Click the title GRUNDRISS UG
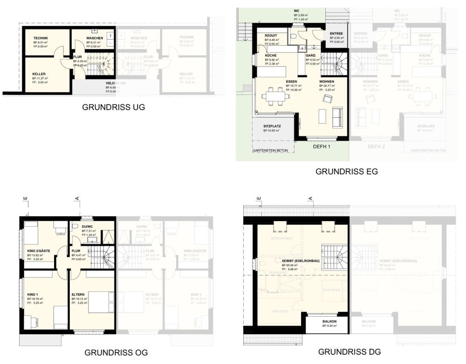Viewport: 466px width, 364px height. click(x=113, y=107)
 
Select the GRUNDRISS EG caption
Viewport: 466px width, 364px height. click(x=346, y=171)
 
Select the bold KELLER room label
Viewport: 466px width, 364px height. click(x=39, y=74)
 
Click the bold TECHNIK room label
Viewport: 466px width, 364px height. click(x=41, y=38)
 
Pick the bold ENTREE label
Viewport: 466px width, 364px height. click(x=336, y=34)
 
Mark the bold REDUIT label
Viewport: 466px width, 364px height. click(x=271, y=35)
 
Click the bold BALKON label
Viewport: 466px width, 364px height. click(x=329, y=321)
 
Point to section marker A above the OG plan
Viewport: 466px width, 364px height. click(x=77, y=200)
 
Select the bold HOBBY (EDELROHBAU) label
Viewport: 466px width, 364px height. click(x=301, y=261)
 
